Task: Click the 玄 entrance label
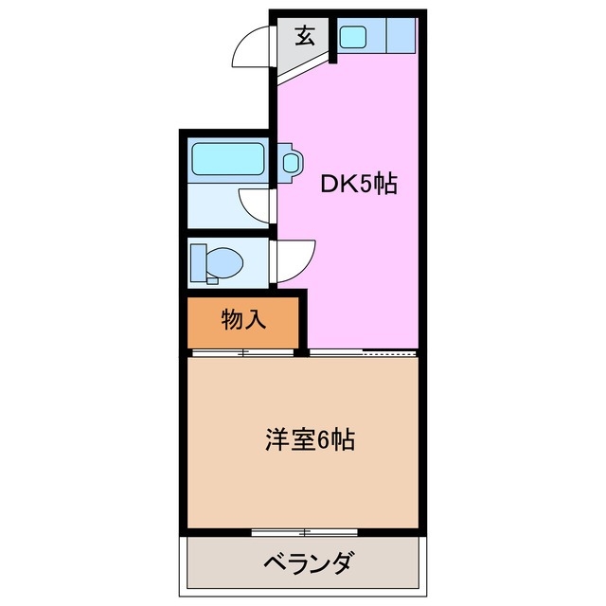305,37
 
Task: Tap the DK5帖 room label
356,183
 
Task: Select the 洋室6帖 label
310,440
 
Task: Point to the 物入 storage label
243,320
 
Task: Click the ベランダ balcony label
305,565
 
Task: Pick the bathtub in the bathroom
228,158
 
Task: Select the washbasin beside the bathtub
291,161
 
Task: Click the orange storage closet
243,322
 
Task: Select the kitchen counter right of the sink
400,38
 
